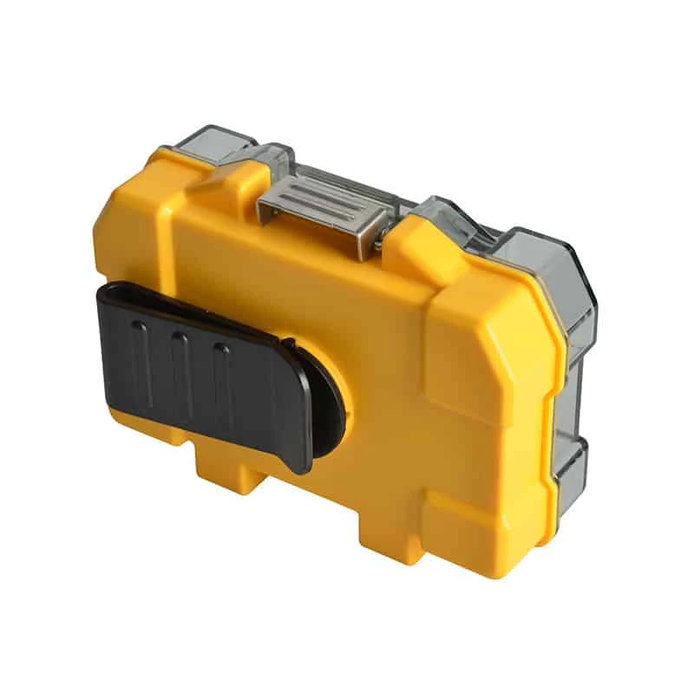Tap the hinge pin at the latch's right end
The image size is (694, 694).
[x=379, y=234]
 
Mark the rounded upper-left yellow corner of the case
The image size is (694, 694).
[x=117, y=208]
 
